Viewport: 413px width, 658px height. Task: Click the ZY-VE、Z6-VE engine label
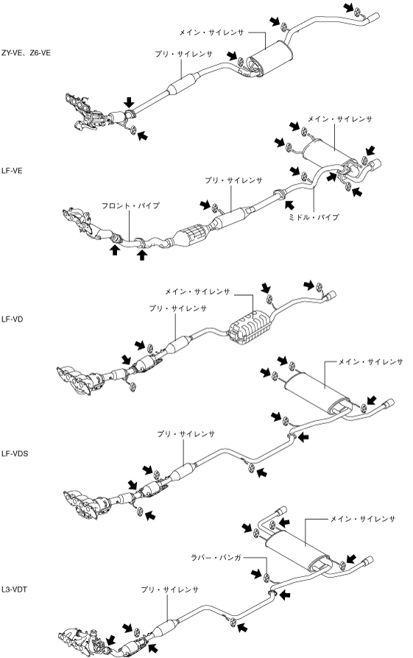click(x=26, y=53)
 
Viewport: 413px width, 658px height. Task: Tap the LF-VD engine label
click(x=12, y=319)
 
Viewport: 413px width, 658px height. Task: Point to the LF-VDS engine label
click(x=14, y=453)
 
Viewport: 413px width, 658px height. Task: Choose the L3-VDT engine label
click(x=14, y=590)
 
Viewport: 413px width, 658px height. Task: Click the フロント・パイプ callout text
click(x=130, y=205)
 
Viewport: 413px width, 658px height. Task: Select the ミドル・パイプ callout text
click(x=313, y=217)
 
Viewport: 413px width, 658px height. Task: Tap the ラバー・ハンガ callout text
click(x=216, y=558)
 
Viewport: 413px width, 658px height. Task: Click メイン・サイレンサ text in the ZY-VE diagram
click(x=211, y=32)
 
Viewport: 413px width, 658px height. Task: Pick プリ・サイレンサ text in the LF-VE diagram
click(x=233, y=180)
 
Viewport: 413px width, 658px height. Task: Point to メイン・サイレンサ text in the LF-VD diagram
click(x=197, y=291)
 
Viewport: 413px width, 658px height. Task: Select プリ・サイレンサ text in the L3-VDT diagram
click(x=169, y=590)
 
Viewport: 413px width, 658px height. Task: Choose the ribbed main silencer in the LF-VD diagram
click(x=250, y=327)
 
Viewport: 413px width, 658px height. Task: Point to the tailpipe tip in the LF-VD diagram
click(x=331, y=295)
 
